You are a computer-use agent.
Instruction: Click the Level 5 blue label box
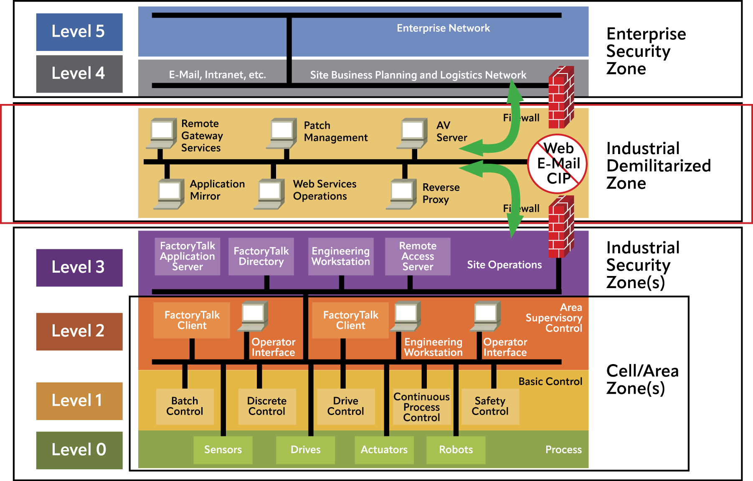coord(79,32)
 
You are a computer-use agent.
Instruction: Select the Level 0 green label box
coord(79,450)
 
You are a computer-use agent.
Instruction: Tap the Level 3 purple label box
coord(79,268)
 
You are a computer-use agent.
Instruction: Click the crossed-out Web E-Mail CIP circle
coord(558,164)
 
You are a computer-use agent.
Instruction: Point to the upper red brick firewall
coord(561,97)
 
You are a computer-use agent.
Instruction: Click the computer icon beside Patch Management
coord(282,133)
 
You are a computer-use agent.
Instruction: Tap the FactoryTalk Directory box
coord(261,256)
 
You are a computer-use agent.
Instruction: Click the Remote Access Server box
coord(418,256)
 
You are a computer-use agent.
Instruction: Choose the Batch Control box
coord(185,406)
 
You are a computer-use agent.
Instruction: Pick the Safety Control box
coord(490,406)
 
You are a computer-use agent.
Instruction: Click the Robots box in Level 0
coord(456,450)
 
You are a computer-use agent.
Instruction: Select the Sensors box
coord(223,450)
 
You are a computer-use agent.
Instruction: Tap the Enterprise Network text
coord(443,28)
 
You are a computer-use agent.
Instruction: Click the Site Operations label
coord(504,265)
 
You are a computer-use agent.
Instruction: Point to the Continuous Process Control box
coord(421,407)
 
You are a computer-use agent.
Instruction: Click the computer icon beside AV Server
coord(413,133)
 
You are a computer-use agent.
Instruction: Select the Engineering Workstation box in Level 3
coord(341,256)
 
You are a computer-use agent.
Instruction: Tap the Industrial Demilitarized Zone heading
coord(658,166)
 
